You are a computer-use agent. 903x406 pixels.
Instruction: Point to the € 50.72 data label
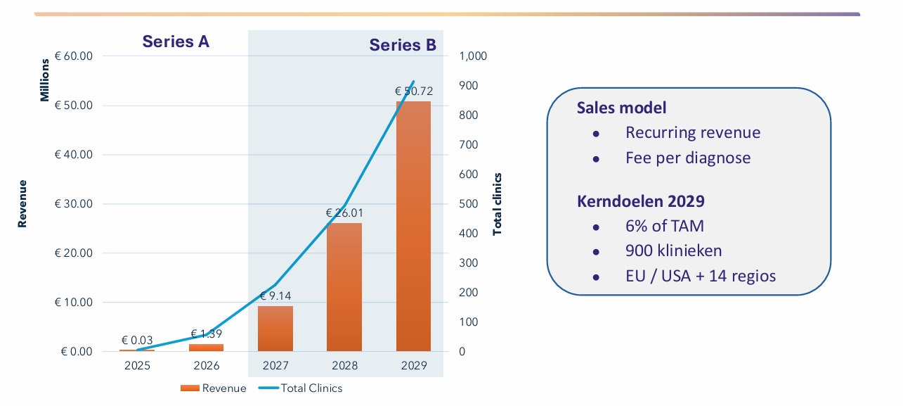(x=413, y=91)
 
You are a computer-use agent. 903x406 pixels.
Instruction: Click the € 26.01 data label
(x=344, y=212)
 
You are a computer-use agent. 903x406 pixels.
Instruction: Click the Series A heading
(x=176, y=42)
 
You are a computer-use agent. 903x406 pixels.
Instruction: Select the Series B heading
(x=403, y=46)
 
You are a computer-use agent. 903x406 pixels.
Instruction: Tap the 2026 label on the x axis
(x=206, y=366)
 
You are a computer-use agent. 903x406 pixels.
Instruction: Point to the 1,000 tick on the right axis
(x=473, y=56)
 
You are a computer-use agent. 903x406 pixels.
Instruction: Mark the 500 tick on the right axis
(x=468, y=204)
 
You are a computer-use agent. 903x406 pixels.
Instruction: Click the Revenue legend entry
(x=214, y=388)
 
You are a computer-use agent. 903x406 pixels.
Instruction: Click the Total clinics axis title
(x=498, y=204)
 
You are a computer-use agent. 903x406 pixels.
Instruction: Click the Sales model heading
(x=621, y=108)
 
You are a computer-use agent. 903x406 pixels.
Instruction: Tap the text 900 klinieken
(x=673, y=250)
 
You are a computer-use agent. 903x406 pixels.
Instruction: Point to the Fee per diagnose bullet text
(x=687, y=158)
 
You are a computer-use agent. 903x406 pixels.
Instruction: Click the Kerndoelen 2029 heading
(x=640, y=201)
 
